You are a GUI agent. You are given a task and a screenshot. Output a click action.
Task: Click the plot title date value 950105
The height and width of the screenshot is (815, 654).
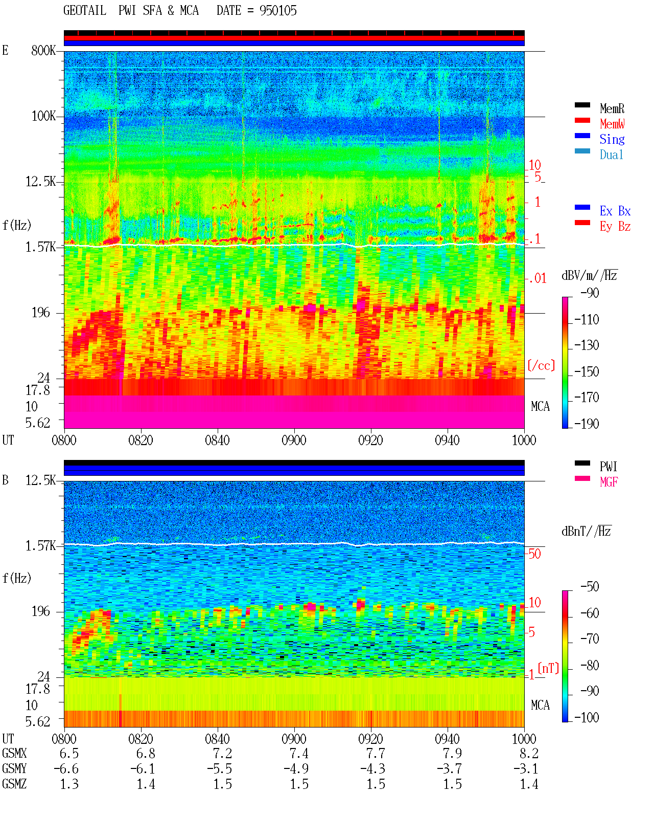click(x=278, y=11)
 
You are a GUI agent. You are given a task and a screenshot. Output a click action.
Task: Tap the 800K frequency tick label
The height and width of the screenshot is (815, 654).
click(x=43, y=50)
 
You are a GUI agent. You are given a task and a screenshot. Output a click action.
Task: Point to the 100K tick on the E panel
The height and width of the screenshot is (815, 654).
click(x=43, y=116)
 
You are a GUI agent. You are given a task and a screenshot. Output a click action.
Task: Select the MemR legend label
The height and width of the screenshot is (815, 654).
click(x=612, y=108)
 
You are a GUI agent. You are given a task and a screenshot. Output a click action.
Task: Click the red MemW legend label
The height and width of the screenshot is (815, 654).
click(x=612, y=124)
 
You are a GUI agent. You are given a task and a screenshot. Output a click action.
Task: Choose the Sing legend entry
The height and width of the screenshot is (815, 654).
click(x=612, y=139)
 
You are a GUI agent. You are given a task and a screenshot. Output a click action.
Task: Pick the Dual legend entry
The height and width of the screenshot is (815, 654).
click(x=611, y=155)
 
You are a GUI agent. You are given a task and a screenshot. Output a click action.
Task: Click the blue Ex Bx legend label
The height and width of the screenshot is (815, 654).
click(x=615, y=211)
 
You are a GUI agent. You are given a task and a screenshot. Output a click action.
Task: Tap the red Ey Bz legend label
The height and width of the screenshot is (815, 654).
click(x=615, y=227)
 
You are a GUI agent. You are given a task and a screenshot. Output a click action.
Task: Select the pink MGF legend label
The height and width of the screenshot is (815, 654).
click(x=609, y=482)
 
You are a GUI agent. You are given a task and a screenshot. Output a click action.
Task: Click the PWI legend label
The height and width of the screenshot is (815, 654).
click(x=608, y=466)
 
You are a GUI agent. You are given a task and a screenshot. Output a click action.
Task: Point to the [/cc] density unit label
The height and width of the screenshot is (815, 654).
click(x=541, y=365)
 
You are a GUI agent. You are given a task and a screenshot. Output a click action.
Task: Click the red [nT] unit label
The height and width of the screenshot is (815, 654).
click(x=548, y=668)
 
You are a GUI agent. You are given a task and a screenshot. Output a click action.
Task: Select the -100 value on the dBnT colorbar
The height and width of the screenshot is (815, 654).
click(x=587, y=717)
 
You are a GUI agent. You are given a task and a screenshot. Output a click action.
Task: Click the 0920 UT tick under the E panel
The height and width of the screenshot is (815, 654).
click(x=370, y=440)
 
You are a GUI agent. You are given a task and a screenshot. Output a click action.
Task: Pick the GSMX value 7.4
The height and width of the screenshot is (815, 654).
click(x=299, y=754)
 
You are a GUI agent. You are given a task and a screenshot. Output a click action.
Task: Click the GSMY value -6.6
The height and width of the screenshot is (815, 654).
click(x=66, y=769)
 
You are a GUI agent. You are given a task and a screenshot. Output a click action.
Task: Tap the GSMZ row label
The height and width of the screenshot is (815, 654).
click(x=14, y=784)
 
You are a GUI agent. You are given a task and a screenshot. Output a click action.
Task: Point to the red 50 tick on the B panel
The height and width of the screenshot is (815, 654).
click(x=534, y=554)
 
